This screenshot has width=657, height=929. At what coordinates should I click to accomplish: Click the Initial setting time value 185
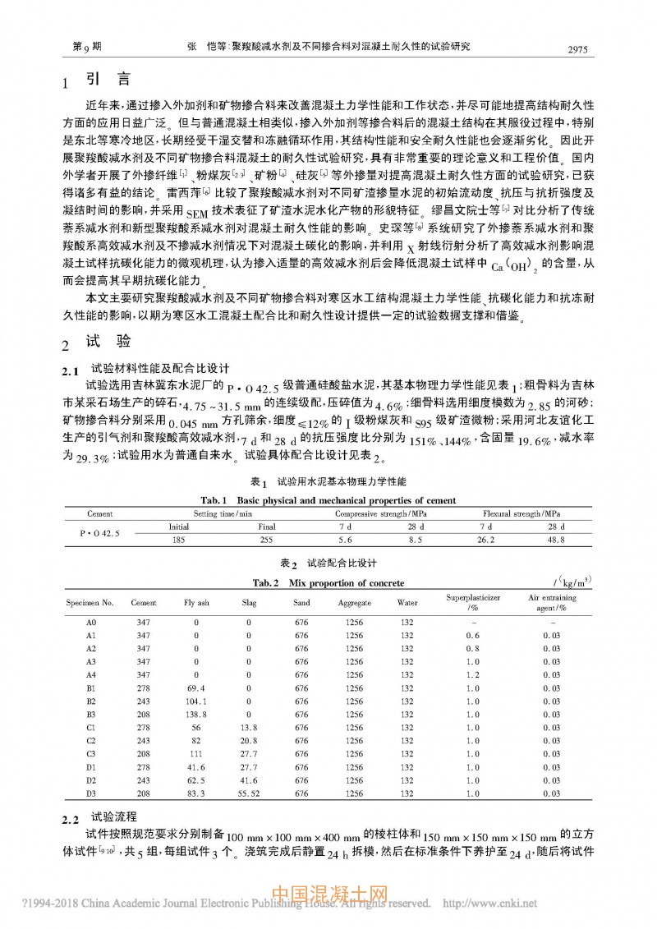click(178, 540)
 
